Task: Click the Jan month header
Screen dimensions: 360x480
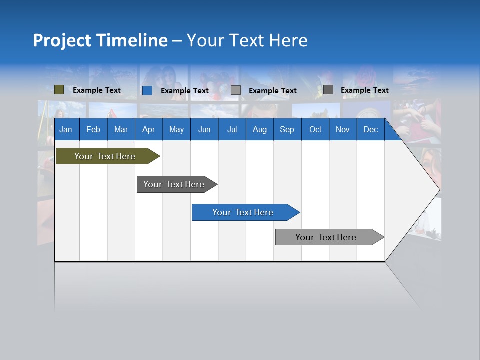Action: pos(66,129)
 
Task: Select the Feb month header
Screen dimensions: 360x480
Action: pos(93,129)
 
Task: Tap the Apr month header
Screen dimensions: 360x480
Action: pos(148,129)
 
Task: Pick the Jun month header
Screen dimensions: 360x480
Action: pos(204,129)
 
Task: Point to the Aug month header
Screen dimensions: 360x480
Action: pos(259,129)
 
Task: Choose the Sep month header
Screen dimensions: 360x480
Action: pos(287,129)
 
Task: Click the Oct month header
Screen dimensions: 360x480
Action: pos(315,129)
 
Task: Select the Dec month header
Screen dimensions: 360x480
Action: pos(370,129)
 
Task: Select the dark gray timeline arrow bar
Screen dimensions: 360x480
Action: pos(175,184)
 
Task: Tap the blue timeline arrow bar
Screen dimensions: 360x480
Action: pos(244,212)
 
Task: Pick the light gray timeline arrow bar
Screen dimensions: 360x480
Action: pos(327,237)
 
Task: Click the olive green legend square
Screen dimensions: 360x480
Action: pos(59,90)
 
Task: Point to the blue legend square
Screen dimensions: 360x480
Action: pos(147,90)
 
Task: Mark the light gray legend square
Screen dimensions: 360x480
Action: pos(236,90)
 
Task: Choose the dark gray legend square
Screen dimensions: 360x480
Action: pos(328,90)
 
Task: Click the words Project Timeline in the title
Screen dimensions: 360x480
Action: pos(100,40)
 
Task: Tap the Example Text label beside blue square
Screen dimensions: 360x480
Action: pos(185,91)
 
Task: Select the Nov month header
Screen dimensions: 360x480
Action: pos(343,129)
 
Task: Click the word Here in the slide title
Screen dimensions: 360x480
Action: pos(288,40)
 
